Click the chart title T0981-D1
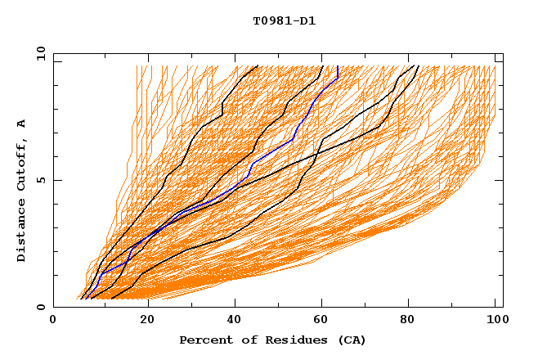click(284, 21)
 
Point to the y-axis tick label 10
click(40, 54)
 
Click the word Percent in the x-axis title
click(204, 340)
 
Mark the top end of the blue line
click(338, 66)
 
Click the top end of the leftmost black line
click(258, 66)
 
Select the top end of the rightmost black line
click(418, 66)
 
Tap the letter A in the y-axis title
click(21, 123)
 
